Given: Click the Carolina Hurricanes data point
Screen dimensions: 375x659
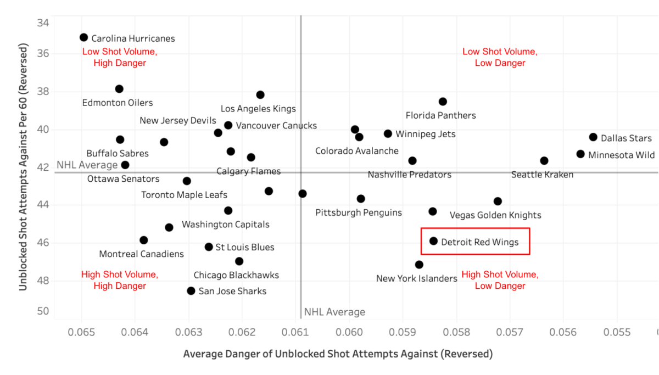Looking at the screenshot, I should click(x=83, y=37).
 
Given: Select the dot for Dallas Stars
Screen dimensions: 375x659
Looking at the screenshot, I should click(x=593, y=137).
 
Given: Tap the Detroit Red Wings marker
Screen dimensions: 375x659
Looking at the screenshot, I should click(x=433, y=241).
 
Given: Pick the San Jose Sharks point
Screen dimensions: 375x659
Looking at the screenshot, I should click(x=191, y=290).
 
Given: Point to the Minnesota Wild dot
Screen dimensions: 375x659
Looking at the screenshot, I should click(x=580, y=154).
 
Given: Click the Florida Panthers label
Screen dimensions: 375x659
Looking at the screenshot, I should click(x=440, y=115).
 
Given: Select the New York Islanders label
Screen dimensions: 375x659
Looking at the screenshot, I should click(x=416, y=278).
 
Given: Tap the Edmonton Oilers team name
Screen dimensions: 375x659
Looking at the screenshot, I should click(x=118, y=103).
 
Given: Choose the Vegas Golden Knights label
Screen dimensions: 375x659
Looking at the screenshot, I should click(x=495, y=215).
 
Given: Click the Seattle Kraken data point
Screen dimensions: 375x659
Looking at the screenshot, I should click(x=544, y=161).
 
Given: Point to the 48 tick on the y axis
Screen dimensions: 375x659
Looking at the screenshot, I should click(x=43, y=281).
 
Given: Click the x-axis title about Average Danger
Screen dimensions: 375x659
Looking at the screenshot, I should click(x=338, y=354).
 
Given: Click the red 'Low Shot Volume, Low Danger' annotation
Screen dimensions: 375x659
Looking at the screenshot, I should click(x=499, y=57).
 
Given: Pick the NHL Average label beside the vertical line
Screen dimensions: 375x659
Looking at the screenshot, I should click(x=334, y=312).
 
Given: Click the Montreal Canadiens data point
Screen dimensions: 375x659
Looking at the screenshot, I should click(x=144, y=240).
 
